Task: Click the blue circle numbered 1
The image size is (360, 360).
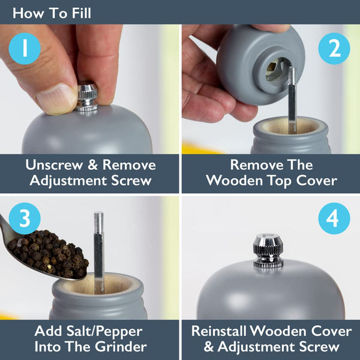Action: coord(25,49)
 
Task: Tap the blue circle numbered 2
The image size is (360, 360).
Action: coord(334,49)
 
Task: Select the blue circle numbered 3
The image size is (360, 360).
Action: coord(25,218)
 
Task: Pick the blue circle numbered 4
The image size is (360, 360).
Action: coord(334,218)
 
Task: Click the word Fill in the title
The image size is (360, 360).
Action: coord(82,13)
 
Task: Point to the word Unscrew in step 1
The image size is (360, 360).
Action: coord(54,165)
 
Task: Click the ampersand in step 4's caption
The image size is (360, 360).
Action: coord(208,347)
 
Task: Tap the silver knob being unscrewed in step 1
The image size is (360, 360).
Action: coord(87,98)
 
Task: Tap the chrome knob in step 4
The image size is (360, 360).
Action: coord(268,250)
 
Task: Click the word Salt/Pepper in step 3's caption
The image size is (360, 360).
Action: coord(104,332)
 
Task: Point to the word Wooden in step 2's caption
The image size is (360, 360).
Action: coord(235,181)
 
